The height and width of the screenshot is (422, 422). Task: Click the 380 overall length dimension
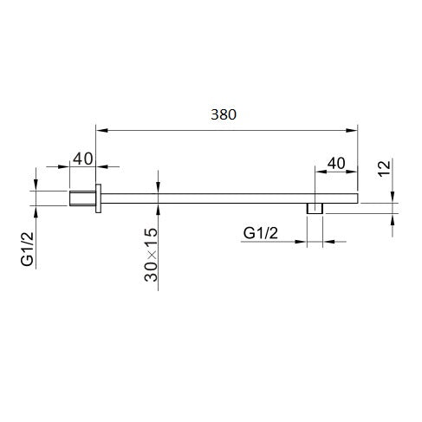tap(224, 114)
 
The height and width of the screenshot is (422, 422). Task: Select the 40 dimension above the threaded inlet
tap(83, 159)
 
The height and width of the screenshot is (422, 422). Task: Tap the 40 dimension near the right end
tap(336, 163)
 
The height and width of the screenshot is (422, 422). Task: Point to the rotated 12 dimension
tap(384, 168)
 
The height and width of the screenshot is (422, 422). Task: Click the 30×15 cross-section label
tap(151, 255)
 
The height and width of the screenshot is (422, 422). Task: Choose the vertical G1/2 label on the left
tap(27, 249)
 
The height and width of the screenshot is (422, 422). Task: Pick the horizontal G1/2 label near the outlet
tap(261, 233)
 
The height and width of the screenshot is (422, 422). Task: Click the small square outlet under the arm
tap(315, 209)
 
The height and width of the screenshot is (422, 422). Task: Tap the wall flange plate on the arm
tap(98, 198)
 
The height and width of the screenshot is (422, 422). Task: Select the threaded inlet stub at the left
tap(82, 198)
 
